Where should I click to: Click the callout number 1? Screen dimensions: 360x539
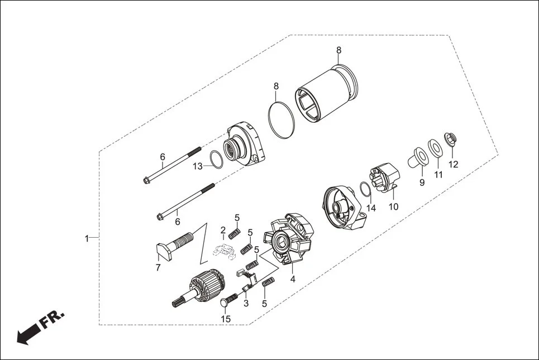click(87, 238)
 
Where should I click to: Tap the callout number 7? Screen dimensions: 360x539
click(158, 267)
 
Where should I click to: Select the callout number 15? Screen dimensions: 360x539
click(226, 319)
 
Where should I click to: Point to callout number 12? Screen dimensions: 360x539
click(453, 165)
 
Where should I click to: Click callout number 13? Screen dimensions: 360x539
click(198, 166)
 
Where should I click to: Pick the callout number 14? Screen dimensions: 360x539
click(371, 208)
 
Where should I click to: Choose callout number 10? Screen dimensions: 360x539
click(394, 207)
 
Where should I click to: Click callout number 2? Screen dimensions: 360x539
click(223, 230)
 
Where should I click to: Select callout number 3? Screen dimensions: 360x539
click(245, 303)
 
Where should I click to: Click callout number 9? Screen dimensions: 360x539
click(422, 183)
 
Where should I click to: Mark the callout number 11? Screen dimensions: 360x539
click(438, 175)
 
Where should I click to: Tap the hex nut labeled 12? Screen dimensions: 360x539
click(449, 138)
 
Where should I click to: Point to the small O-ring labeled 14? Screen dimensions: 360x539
click(364, 190)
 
